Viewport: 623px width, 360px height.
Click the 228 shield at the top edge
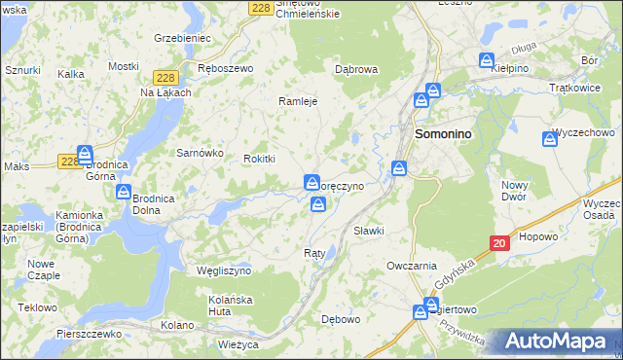[x=259, y=7]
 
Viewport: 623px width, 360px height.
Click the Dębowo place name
[x=341, y=318]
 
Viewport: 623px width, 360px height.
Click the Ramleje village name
[x=299, y=100]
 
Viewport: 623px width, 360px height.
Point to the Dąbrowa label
[x=355, y=69]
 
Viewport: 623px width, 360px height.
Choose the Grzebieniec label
[x=183, y=38]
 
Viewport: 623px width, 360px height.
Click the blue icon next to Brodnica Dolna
[x=124, y=192]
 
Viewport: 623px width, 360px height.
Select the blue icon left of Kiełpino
[x=487, y=61]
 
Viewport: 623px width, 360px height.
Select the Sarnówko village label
[x=200, y=153]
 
